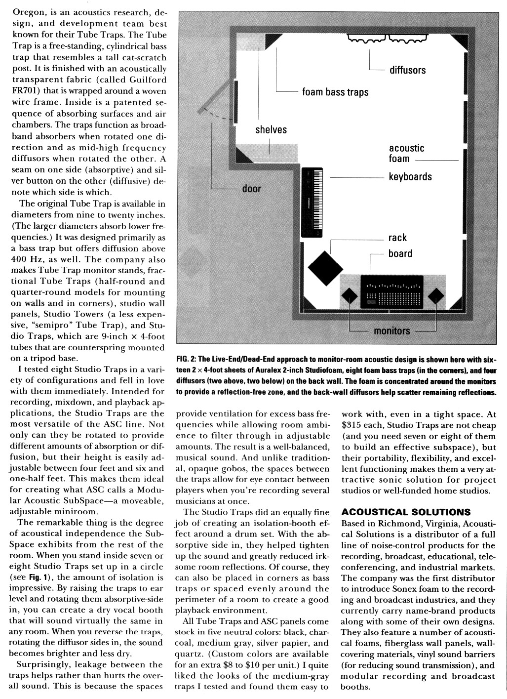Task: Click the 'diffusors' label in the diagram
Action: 407,70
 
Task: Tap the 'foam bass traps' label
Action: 335,92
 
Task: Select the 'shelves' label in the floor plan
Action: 271,130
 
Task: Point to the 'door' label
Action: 251,189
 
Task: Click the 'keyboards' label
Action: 410,177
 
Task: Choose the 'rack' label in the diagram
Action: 397,238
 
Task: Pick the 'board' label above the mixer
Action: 400,253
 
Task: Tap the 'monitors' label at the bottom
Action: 392,331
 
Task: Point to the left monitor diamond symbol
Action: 350,296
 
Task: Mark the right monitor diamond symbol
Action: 435,296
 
